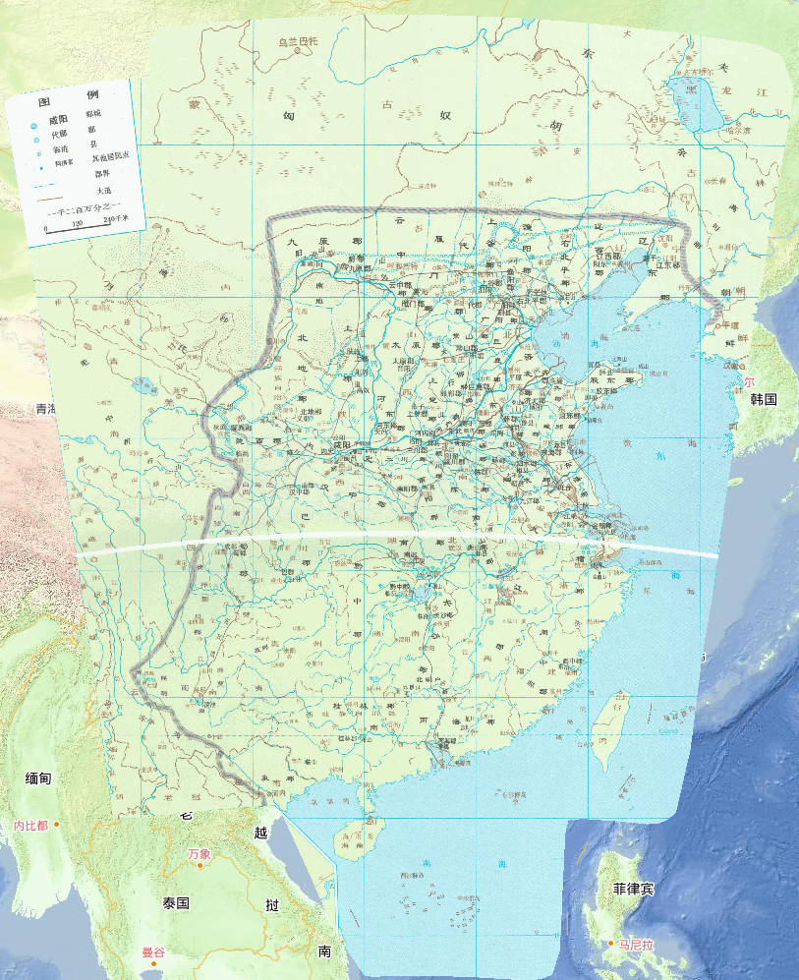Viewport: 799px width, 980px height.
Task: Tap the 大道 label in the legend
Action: coord(103,190)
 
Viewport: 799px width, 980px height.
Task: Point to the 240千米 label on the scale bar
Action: coord(115,219)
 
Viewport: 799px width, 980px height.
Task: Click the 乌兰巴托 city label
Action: coord(297,41)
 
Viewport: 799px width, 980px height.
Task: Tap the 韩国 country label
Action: coord(764,400)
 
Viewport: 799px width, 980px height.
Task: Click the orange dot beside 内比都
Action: coord(57,824)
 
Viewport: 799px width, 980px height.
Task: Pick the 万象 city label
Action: coord(200,853)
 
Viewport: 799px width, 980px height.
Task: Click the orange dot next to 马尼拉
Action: coord(610,945)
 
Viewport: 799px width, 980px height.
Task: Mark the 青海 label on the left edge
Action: coord(43,408)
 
